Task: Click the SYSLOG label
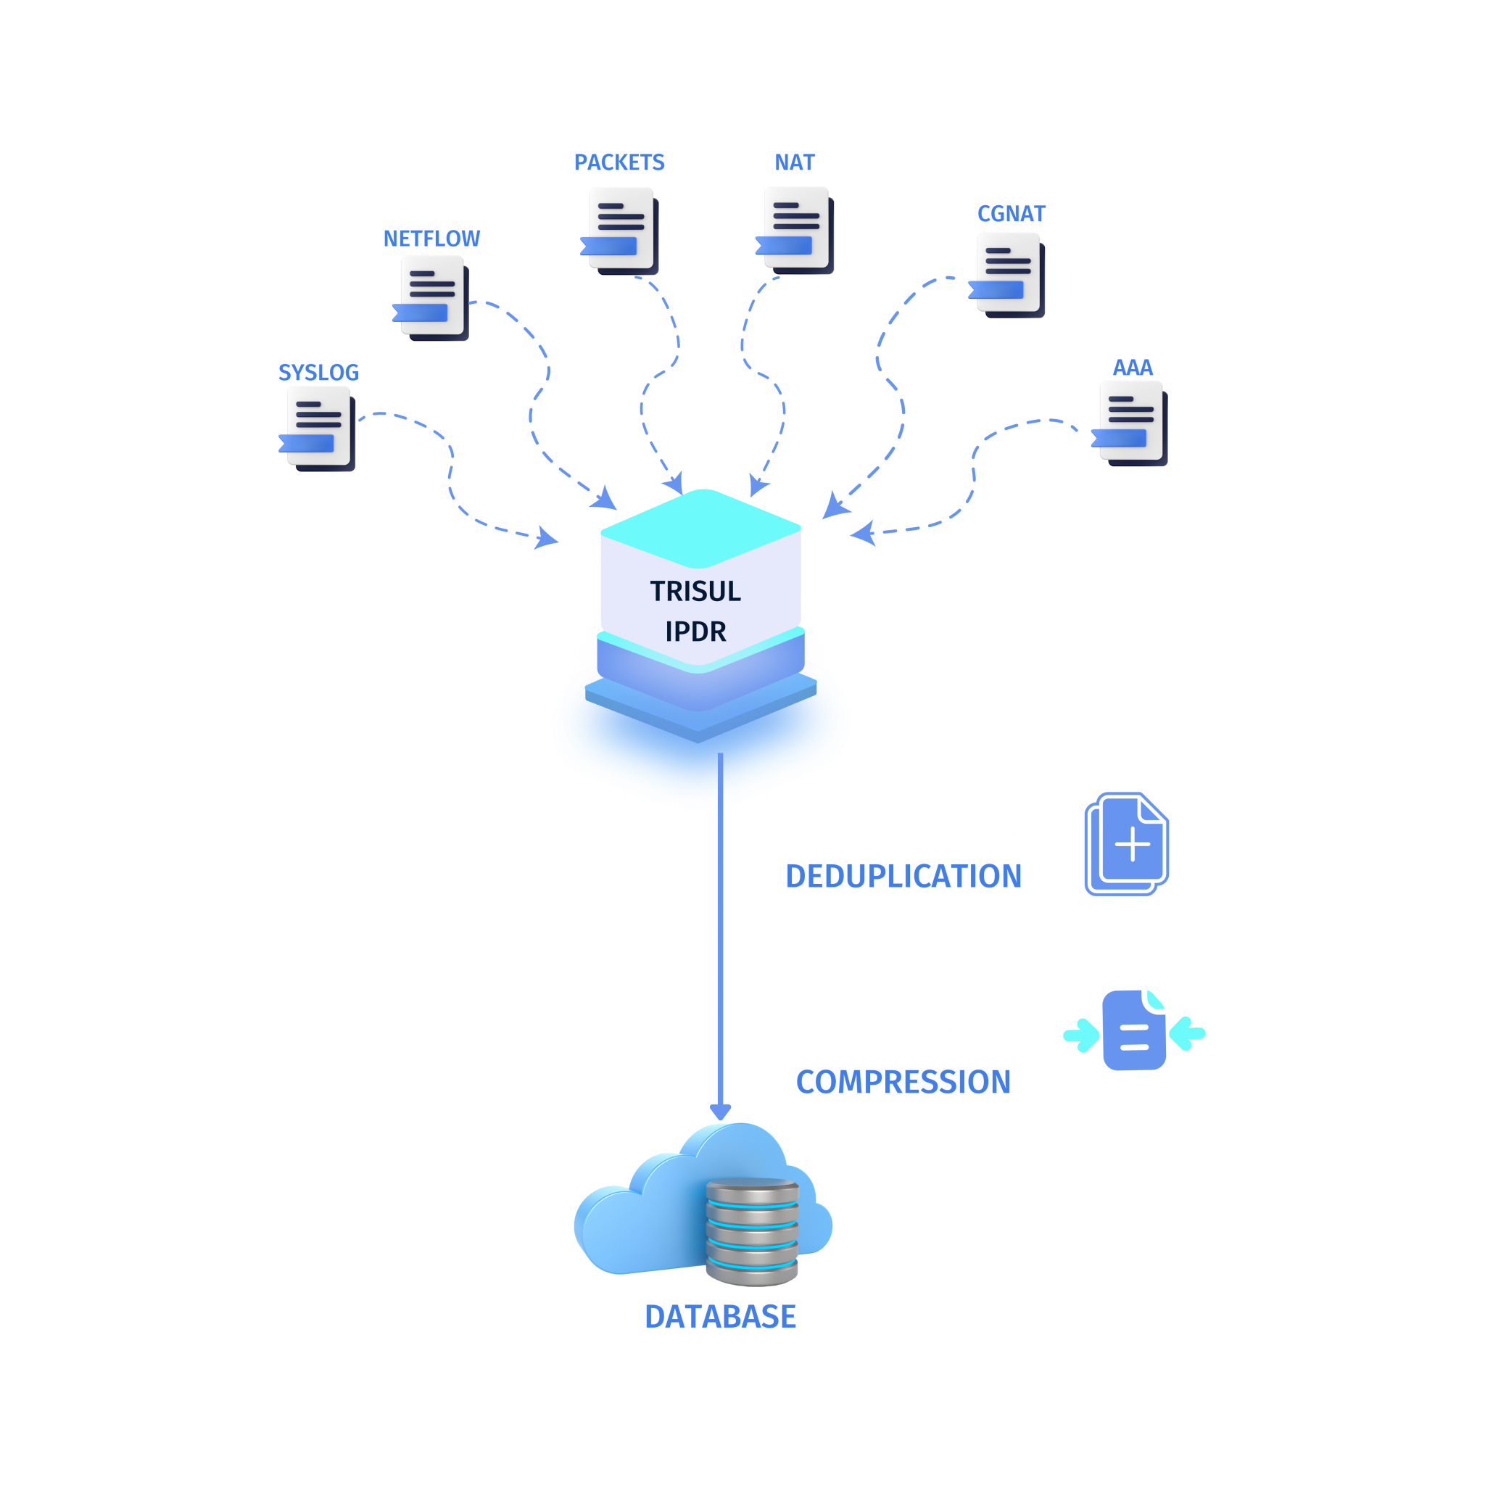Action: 318,373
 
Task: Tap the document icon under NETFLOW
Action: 432,297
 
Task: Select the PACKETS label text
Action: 619,163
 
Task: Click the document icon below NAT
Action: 796,229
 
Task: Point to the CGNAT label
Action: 1011,214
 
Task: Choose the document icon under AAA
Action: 1130,422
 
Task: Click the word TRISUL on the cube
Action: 695,591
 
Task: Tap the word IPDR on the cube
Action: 695,631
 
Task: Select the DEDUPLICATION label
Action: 903,876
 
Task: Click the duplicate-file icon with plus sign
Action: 1127,844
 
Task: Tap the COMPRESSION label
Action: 903,1083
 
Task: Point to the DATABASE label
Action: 720,1317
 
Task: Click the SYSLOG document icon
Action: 318,427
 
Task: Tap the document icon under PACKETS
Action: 621,229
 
